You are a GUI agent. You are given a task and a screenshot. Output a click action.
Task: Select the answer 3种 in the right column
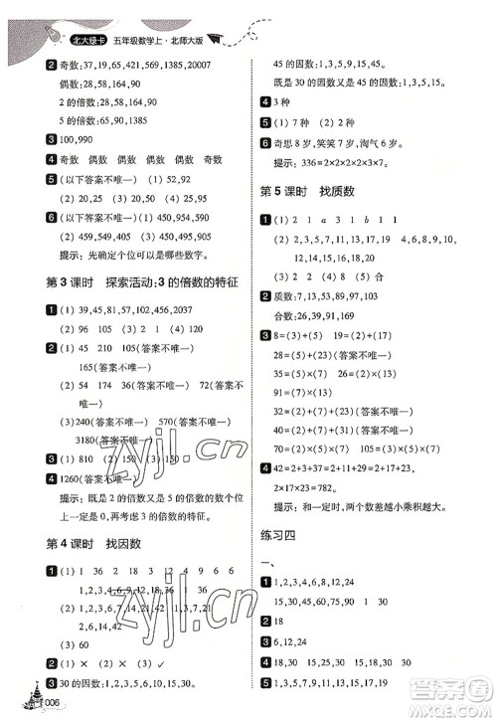(x=284, y=102)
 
